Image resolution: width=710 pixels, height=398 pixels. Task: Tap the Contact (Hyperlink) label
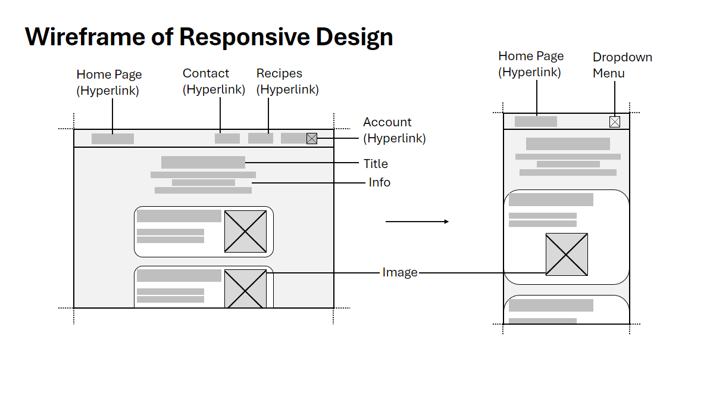coord(214,82)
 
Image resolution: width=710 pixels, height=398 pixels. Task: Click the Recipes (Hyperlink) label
coord(287,82)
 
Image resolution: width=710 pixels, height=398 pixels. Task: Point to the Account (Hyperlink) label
coord(394,130)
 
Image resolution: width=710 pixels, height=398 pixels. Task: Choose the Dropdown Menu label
coord(622,65)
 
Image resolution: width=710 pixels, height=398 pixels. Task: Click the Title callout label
coord(376,164)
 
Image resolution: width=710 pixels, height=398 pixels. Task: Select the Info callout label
coord(379,182)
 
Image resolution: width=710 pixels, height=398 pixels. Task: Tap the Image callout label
coord(399,273)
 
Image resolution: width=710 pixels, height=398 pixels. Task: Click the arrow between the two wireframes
coord(417,222)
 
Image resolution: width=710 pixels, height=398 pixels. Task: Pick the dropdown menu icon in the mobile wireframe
coord(615,122)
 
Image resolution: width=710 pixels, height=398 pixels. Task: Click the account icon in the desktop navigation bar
coord(312,138)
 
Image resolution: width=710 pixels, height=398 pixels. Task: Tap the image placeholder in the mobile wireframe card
coord(567,254)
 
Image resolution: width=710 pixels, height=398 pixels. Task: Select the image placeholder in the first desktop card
coord(245,231)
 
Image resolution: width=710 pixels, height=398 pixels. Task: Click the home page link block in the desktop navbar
coord(112,139)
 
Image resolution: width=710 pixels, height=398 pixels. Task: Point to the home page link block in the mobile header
coord(536,122)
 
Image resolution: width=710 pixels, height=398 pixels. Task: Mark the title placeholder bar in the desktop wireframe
coord(203,162)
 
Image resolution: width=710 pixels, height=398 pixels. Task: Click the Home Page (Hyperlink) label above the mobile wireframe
coord(530,64)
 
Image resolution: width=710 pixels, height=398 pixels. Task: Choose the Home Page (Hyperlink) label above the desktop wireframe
coord(109,82)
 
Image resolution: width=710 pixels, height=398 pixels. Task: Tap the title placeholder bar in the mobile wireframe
coord(568,144)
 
